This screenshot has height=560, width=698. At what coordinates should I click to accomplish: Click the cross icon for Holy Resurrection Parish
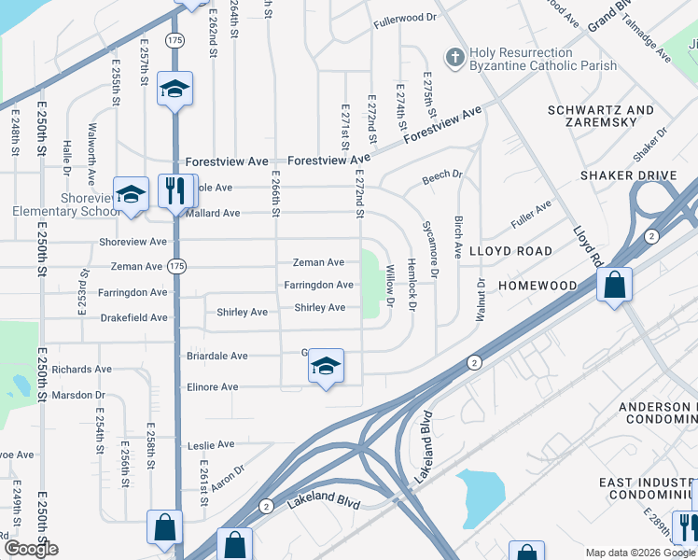point(454,58)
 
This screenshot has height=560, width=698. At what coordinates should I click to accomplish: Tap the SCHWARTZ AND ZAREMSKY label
point(600,116)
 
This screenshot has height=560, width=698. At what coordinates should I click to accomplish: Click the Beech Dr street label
point(442,175)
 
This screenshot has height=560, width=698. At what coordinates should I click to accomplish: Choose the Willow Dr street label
point(390,287)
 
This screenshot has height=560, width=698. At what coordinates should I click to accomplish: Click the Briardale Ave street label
point(213,356)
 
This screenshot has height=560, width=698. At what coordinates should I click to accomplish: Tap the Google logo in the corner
point(31,549)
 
